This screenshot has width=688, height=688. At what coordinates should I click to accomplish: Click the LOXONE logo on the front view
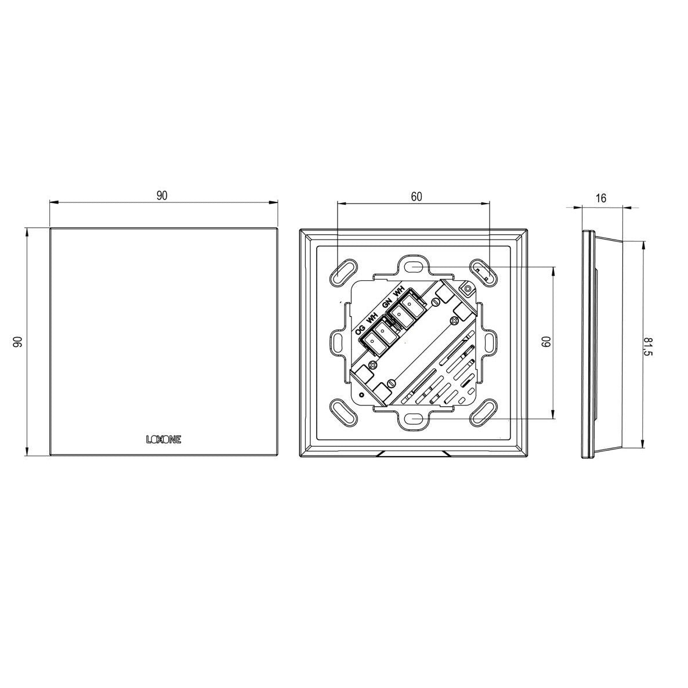coord(164,439)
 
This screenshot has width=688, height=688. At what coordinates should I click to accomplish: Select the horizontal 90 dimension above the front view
coord(162,196)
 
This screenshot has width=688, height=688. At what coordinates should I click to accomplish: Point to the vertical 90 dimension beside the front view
coord(17,342)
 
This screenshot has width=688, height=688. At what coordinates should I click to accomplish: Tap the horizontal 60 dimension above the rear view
coord(417,197)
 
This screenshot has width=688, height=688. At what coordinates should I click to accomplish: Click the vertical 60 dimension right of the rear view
coord(546,342)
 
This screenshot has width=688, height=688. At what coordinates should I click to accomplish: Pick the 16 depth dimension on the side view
coord(601,198)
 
